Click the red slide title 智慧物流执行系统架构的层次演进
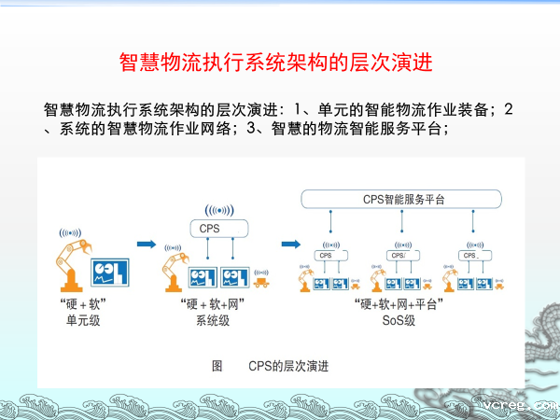pyautogui.click(x=278, y=63)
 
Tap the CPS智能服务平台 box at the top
pyautogui.click(x=402, y=199)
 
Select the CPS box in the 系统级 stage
pyautogui.click(x=218, y=228)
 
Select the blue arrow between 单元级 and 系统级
pyautogui.click(x=146, y=245)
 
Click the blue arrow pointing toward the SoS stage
pyautogui.click(x=289, y=245)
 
